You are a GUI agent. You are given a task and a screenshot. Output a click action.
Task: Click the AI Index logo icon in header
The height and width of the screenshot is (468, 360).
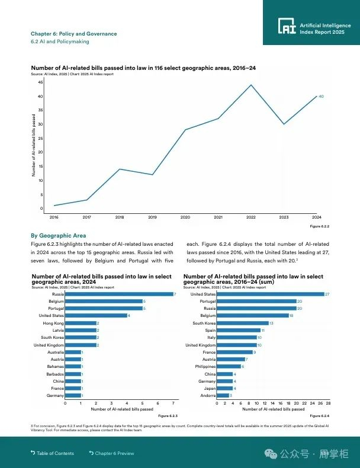(287, 25)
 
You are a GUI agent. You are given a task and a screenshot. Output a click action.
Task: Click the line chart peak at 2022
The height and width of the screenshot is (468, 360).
(251, 85)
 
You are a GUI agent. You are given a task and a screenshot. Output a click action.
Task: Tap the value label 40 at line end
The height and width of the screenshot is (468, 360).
(321, 96)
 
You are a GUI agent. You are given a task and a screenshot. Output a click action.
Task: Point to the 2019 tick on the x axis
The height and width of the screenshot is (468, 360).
(152, 217)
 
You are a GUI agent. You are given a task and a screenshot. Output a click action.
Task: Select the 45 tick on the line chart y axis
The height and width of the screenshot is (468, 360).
(40, 82)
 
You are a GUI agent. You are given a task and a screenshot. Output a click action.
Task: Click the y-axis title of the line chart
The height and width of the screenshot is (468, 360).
(34, 145)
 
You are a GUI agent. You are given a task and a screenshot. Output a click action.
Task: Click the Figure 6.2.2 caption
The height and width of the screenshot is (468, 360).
(320, 226)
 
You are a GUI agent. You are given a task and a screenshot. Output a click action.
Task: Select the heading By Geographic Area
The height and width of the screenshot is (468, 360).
(58, 236)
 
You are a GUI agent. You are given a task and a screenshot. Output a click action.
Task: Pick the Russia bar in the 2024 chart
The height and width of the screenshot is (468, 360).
(119, 294)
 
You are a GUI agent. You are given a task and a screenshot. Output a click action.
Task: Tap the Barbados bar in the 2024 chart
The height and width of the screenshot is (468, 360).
(73, 374)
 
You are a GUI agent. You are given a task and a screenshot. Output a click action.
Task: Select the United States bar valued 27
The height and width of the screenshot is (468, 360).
(271, 294)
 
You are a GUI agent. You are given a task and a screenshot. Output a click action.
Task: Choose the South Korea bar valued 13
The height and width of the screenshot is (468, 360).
(242, 323)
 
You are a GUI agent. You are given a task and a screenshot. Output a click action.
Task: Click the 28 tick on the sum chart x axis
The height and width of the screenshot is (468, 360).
(328, 403)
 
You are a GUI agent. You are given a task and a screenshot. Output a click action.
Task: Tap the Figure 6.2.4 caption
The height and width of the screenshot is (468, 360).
(320, 416)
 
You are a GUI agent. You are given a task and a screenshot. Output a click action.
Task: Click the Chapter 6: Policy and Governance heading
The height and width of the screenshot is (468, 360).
(73, 34)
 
